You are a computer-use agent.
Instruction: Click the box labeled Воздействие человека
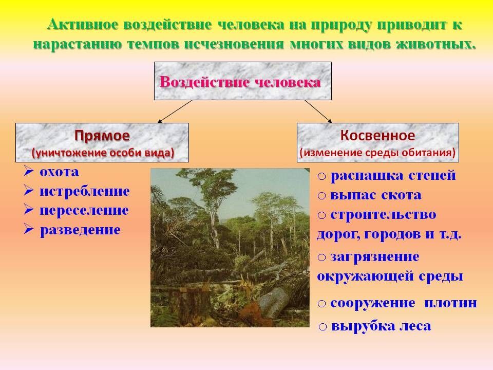pos(242,81)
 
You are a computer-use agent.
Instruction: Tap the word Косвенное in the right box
pos(377,136)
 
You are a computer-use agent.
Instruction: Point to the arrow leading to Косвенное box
pos(318,111)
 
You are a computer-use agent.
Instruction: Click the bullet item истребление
pos(84,191)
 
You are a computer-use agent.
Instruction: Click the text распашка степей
pos(393,176)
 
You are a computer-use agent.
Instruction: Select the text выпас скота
pos(376,195)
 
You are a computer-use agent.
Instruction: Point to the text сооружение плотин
pos(404,303)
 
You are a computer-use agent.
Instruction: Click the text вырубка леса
pos(381,326)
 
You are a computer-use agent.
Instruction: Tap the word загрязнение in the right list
pos(375,256)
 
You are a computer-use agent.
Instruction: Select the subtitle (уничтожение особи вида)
pos(103,153)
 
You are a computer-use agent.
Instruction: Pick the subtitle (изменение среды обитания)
pos(377,153)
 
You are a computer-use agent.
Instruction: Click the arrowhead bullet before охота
pos(29,172)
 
